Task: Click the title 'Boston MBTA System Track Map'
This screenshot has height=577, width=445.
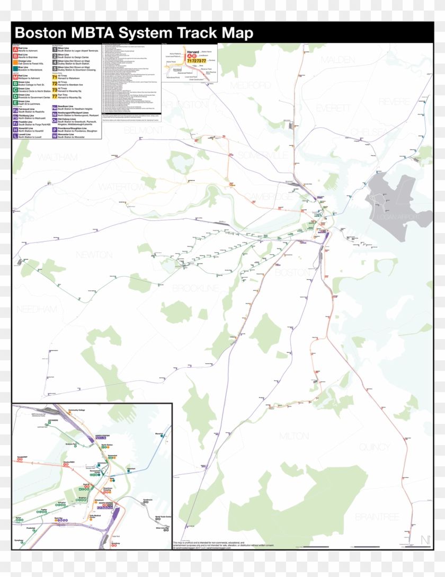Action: point(134,33)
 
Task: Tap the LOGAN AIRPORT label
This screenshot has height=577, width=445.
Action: point(397,216)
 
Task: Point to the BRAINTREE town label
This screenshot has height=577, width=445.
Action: point(377,516)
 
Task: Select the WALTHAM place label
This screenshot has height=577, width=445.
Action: point(57,157)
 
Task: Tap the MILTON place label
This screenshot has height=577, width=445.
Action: point(294,436)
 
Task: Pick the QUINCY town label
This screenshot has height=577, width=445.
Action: point(375,447)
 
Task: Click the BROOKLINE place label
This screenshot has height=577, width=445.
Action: point(195,288)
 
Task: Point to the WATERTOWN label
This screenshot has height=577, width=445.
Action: point(122,187)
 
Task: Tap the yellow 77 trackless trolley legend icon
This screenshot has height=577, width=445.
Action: point(54,96)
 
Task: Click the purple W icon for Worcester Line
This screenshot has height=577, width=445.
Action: point(54,136)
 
